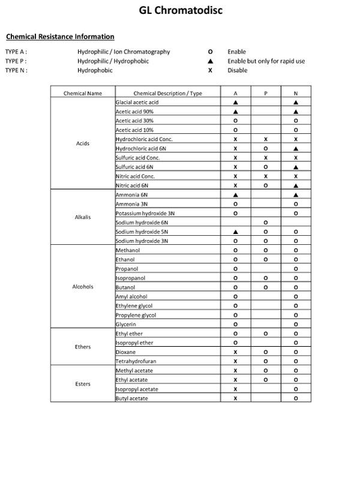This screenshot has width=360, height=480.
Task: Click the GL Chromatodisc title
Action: tap(180, 10)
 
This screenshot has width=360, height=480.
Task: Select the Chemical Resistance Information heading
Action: tap(60, 37)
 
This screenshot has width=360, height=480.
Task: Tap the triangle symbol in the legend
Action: tap(210, 61)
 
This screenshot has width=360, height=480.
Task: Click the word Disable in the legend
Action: tap(237, 70)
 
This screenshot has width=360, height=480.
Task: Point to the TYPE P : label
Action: tap(16, 61)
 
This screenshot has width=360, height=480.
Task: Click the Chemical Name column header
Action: tap(83, 94)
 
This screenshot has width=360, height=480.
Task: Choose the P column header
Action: tap(265, 94)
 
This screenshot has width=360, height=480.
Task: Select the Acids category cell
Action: tap(83, 144)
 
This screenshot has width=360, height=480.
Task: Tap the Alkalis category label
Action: tap(83, 217)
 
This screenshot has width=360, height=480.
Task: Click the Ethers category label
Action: tap(83, 347)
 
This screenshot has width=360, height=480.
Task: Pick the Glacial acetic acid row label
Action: tap(137, 103)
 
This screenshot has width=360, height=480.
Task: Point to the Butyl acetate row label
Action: tap(131, 398)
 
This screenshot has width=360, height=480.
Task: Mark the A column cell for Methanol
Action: tap(235, 250)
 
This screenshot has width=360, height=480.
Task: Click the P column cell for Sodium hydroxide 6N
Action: tap(265, 223)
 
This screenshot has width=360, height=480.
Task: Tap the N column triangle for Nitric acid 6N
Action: tap(296, 186)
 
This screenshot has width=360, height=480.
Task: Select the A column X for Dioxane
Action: tap(235, 352)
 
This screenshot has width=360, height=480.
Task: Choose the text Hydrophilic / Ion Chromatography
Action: tap(124, 52)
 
